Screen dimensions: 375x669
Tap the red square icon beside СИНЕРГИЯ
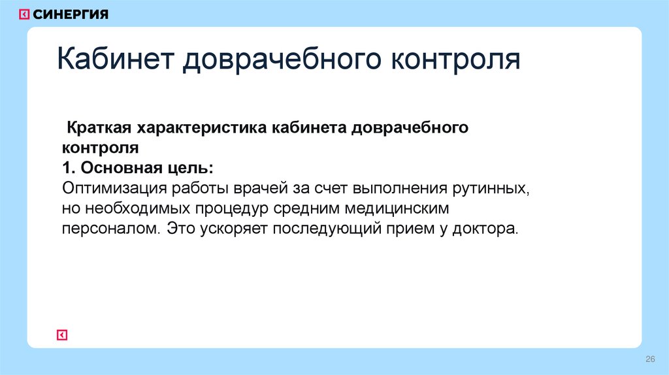pyautogui.click(x=24, y=14)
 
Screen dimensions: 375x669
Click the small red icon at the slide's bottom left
pyautogui.click(x=62, y=335)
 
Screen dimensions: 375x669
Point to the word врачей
pyautogui.click(x=260, y=189)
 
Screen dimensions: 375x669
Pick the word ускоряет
pyautogui.click(x=232, y=230)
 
